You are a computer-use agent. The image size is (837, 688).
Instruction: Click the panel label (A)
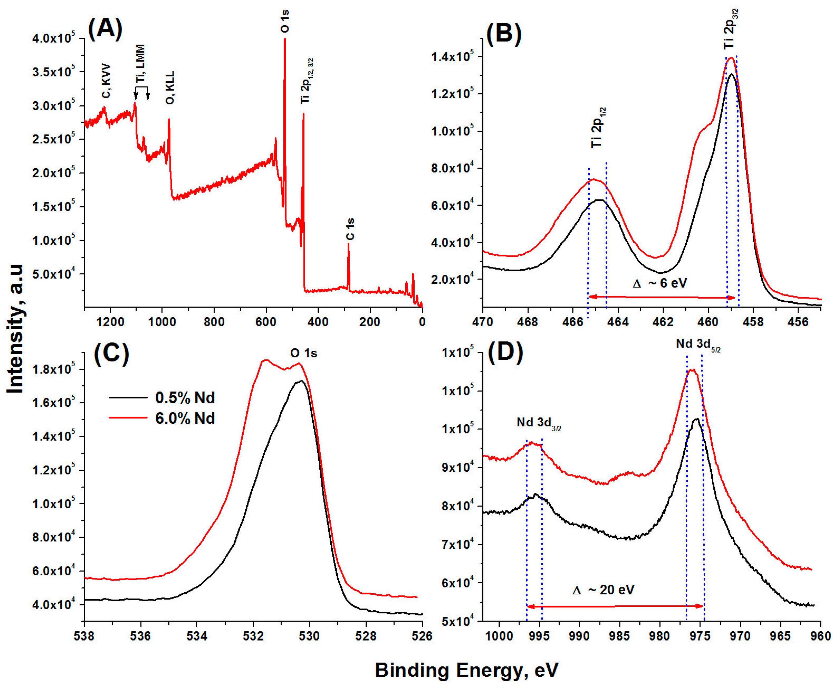105,30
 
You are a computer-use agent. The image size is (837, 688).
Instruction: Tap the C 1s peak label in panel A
350,229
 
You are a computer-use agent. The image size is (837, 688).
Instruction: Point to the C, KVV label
106,81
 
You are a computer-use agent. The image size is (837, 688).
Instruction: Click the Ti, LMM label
140,63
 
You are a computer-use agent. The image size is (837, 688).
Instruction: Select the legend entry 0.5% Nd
185,398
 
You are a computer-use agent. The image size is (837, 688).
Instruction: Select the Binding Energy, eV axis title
467,670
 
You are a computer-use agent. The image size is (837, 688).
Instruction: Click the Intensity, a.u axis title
16,329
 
